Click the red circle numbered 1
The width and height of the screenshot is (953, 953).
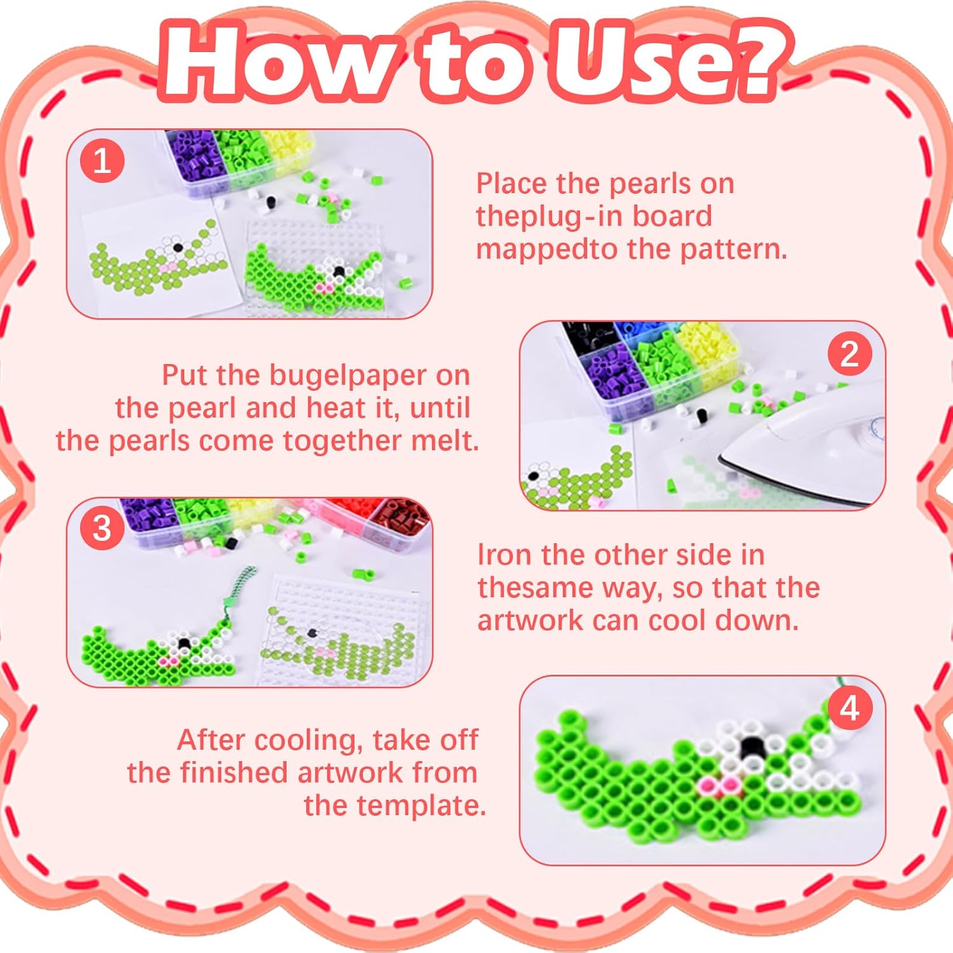click(102, 161)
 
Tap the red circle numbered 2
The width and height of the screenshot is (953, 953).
click(849, 354)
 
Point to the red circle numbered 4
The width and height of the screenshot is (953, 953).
click(849, 708)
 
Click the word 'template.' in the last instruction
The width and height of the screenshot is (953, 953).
click(395, 806)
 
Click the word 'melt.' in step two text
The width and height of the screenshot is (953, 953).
click(445, 441)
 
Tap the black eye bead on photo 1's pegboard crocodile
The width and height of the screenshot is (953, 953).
click(339, 272)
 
